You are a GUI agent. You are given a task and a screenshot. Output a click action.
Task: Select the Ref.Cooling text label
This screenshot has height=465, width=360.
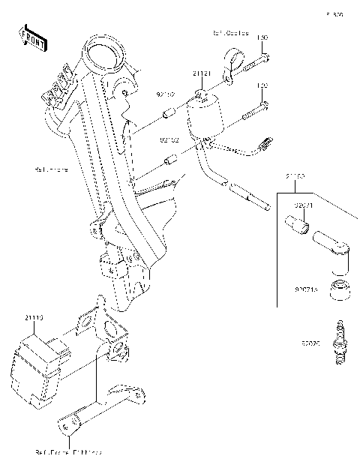pos(230,34)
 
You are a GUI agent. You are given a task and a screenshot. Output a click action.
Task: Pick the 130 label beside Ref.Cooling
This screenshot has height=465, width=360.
pos(262,37)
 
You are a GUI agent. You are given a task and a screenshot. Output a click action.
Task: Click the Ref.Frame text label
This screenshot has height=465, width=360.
pos(51,169)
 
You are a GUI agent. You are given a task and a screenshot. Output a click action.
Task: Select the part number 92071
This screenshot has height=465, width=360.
pos(303,204)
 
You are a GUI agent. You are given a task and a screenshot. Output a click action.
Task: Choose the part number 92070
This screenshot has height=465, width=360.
pos(310,344)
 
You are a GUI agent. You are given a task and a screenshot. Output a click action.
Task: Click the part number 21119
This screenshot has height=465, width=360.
pos(34,318)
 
